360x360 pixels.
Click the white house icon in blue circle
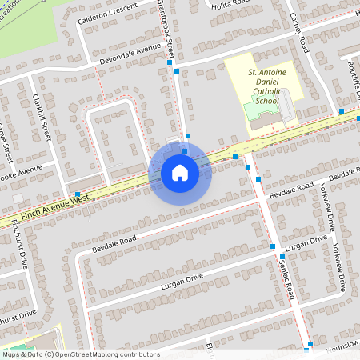pos(180,172)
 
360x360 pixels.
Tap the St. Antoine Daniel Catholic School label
pos(264,86)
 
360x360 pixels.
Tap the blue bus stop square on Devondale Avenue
pos(170,62)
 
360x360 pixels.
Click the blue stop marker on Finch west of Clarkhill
pos(77,194)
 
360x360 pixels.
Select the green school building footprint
pos(258,110)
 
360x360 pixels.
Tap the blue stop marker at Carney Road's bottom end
pos(341,110)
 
